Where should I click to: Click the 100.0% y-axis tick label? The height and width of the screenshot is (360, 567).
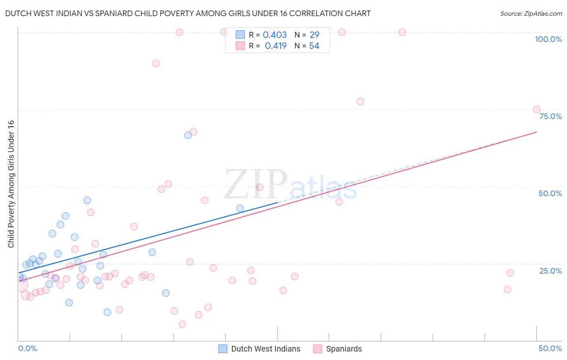[548, 39]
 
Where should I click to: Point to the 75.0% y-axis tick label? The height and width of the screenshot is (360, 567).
[550, 116]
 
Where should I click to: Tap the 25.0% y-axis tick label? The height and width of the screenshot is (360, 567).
[550, 271]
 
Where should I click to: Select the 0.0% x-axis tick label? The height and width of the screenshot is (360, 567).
[27, 348]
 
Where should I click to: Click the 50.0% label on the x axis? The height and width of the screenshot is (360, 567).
[550, 348]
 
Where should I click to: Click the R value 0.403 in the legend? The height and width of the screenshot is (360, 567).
[275, 35]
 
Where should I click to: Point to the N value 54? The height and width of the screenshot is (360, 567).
[314, 46]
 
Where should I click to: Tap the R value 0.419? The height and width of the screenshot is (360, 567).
[275, 46]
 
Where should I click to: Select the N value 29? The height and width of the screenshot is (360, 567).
[314, 35]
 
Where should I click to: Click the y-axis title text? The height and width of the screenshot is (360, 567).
[11, 184]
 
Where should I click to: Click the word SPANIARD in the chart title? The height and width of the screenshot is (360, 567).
[113, 14]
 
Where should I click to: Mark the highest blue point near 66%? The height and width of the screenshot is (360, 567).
[188, 135]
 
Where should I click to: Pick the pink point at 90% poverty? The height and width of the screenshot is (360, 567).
[156, 63]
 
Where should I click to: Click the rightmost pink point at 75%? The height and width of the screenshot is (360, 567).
[537, 109]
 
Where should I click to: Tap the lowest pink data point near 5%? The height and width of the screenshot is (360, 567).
[182, 324]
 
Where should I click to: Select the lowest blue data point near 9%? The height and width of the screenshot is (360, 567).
[107, 312]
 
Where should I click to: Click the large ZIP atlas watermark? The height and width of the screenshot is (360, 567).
[290, 185]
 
